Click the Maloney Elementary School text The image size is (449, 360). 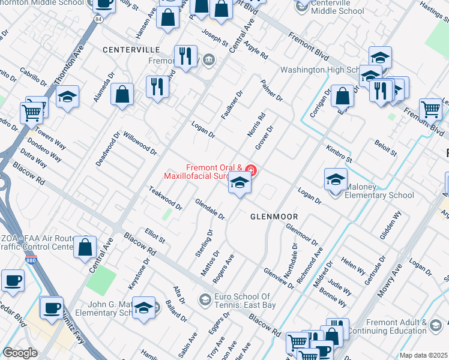[x=379, y=195]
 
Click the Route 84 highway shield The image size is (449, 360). [x=97, y=20]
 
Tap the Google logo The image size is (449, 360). [x=20, y=353]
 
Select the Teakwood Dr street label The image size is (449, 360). [x=165, y=198]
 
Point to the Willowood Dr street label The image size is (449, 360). [x=140, y=144]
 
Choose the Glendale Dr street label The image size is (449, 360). [x=210, y=208]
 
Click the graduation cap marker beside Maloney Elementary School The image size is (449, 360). [x=336, y=179]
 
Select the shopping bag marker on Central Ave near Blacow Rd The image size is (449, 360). [x=85, y=247]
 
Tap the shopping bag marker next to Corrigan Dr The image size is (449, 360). [x=342, y=96]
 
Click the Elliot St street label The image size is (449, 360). [x=155, y=236]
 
